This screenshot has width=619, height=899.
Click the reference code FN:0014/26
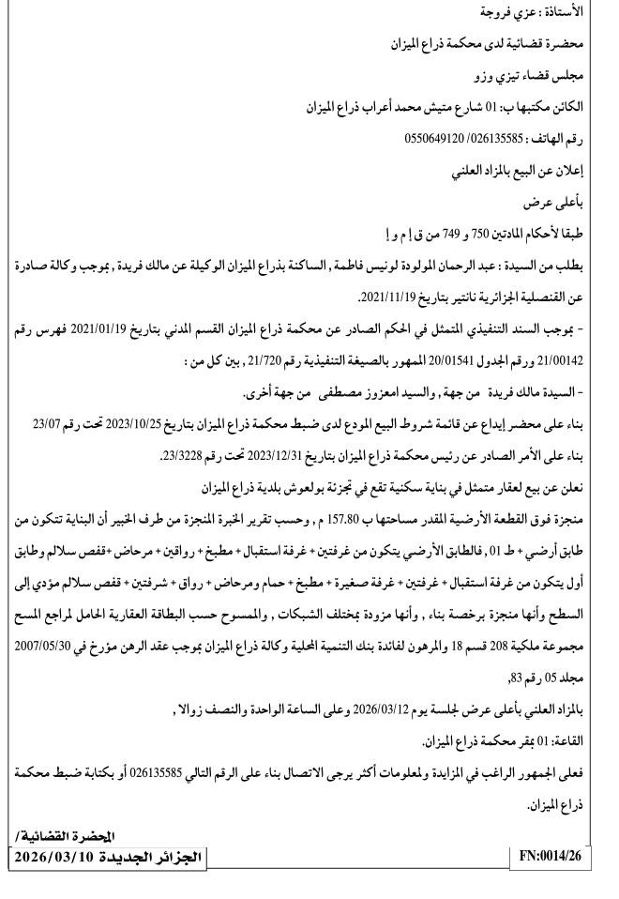pos(556,857)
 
